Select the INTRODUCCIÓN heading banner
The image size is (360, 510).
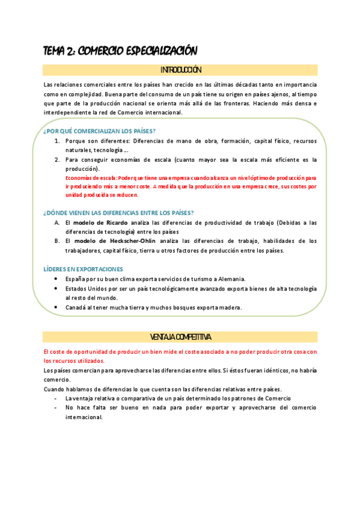tap(180, 70)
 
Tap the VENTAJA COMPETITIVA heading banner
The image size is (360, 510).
tap(180, 337)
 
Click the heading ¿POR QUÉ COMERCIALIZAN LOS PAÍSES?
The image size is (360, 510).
tap(99, 131)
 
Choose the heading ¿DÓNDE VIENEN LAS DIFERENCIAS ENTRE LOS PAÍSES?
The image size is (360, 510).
tap(118, 212)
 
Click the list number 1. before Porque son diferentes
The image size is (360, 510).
tap(57, 141)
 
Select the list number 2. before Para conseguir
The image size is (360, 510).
tap(57, 159)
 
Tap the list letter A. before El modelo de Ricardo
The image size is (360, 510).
tap(57, 223)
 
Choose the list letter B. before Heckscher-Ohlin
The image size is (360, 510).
tap(57, 241)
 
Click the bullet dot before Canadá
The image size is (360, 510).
tap(56, 307)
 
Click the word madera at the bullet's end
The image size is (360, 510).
tap(230, 307)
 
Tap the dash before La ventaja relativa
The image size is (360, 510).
tap(56, 398)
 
